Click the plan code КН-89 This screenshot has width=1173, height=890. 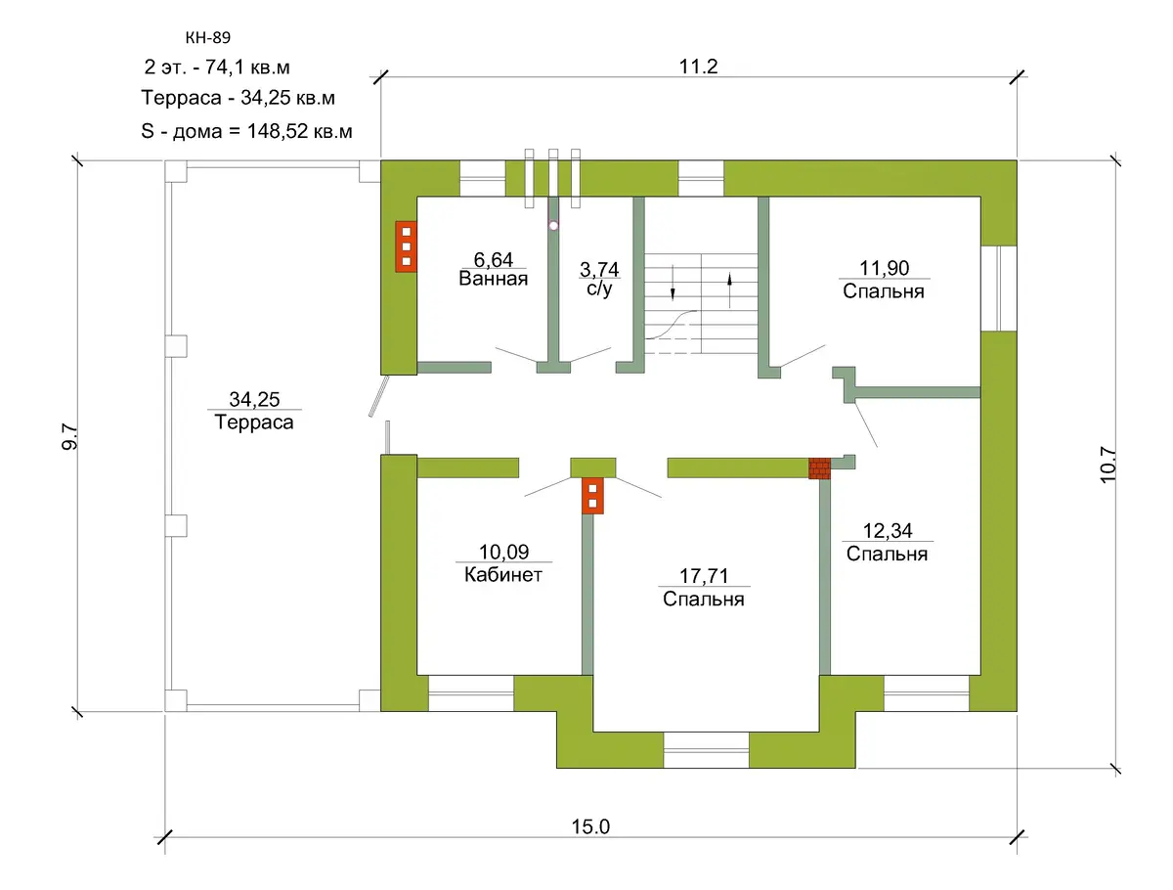pyautogui.click(x=208, y=37)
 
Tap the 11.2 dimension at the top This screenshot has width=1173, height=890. pyautogui.click(x=698, y=67)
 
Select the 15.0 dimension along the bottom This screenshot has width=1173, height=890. pyautogui.click(x=590, y=826)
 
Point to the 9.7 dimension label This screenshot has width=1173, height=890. pyautogui.click(x=70, y=436)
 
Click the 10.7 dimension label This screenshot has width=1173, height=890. pyautogui.click(x=1108, y=465)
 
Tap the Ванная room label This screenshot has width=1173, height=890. pyautogui.click(x=494, y=279)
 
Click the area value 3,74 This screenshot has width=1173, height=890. pyautogui.click(x=599, y=269)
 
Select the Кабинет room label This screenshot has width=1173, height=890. pyautogui.click(x=502, y=575)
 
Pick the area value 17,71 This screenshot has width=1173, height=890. pyautogui.click(x=703, y=576)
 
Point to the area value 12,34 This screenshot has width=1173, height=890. pyautogui.click(x=888, y=530)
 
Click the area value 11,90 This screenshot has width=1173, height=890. pyautogui.click(x=884, y=268)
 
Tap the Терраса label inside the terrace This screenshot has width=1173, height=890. pyautogui.click(x=254, y=423)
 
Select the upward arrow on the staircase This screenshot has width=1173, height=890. pyautogui.click(x=730, y=290)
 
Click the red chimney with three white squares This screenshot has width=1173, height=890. pyautogui.click(x=406, y=246)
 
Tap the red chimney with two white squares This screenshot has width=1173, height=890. pyautogui.click(x=592, y=496)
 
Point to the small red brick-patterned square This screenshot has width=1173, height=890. pyautogui.click(x=819, y=468)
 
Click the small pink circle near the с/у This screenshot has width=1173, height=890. pyautogui.click(x=553, y=226)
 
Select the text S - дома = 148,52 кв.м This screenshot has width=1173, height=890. pyautogui.click(x=246, y=131)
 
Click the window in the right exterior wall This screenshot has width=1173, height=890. pyautogui.click(x=998, y=289)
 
